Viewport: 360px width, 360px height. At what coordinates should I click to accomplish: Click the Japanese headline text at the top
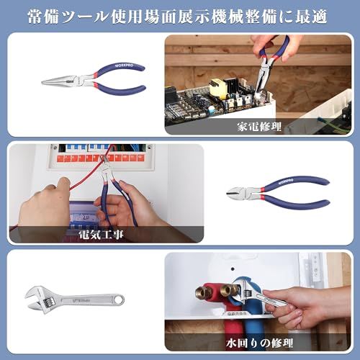180,15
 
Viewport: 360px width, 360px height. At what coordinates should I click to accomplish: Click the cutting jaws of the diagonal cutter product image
238,192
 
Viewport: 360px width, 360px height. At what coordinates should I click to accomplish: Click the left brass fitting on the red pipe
198,292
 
